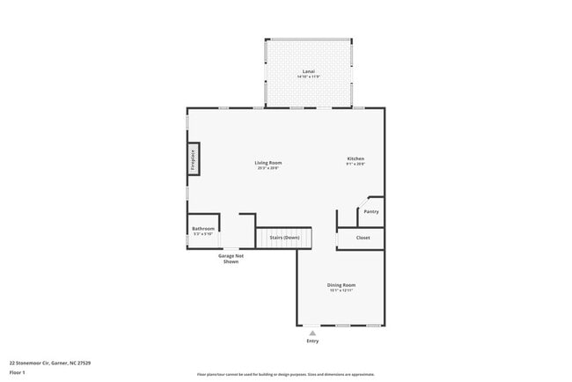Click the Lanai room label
click(x=308, y=71)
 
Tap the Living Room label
click(x=268, y=162)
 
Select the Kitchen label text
click(x=355, y=158)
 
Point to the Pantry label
click(x=371, y=211)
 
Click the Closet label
click(x=363, y=238)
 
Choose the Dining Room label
click(x=341, y=284)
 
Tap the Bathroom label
click(x=203, y=229)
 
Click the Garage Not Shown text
click(x=231, y=259)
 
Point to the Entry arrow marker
click(x=312, y=332)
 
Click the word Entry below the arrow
click(x=312, y=341)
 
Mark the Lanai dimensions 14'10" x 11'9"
click(x=308, y=77)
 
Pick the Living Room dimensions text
click(x=268, y=168)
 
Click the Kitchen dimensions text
click(x=355, y=165)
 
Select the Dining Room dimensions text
click(x=341, y=290)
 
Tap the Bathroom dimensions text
click(x=203, y=234)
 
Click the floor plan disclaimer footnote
click(x=285, y=374)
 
